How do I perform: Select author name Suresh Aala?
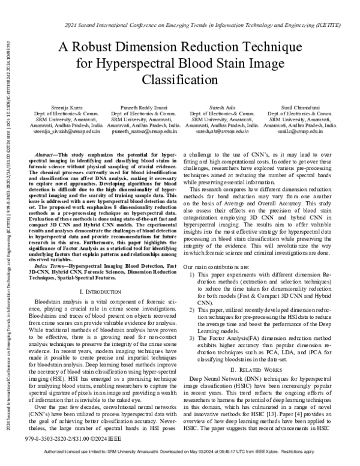[x=218, y=106]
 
